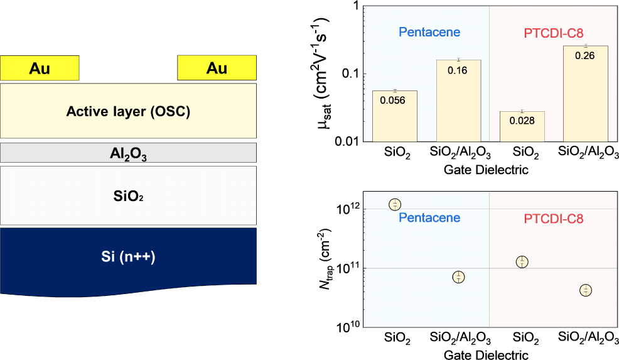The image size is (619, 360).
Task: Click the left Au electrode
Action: tap(40, 68)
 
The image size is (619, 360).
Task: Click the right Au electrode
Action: tap(217, 68)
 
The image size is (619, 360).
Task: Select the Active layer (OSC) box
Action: tap(128, 111)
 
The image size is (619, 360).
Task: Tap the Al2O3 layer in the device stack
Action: tap(128, 153)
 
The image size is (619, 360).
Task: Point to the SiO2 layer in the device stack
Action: tap(128, 195)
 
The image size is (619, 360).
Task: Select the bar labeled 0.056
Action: tap(394, 116)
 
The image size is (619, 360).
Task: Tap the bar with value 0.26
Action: tap(585, 94)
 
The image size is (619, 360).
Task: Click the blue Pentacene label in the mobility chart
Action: tap(429, 33)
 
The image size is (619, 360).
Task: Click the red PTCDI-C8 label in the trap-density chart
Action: tap(553, 219)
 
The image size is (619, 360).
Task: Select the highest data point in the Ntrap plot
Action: tap(395, 204)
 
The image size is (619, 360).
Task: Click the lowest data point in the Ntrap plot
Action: tap(586, 290)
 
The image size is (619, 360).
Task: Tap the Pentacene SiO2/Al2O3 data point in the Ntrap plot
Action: tap(459, 277)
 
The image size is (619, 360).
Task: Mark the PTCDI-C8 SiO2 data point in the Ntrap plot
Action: tap(522, 262)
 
